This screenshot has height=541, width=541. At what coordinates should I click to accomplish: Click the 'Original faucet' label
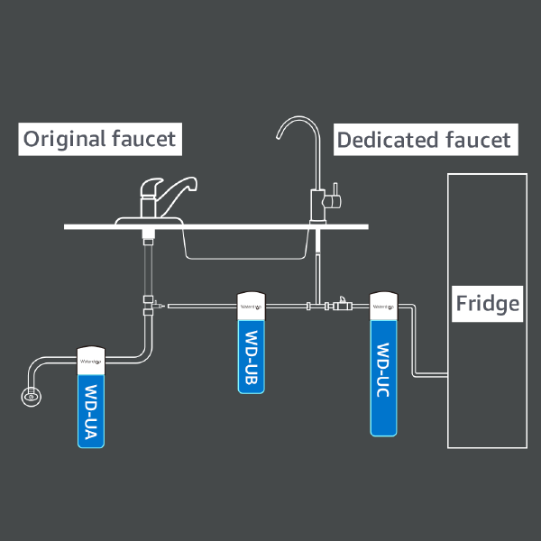[99, 139]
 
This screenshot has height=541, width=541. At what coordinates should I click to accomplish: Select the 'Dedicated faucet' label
[423, 140]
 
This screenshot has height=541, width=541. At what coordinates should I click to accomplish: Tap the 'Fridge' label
[487, 302]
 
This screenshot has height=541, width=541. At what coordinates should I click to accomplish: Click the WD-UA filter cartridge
[91, 410]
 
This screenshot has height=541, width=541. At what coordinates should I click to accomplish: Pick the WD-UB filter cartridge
[251, 356]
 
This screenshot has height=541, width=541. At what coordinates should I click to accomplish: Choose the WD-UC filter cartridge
[384, 379]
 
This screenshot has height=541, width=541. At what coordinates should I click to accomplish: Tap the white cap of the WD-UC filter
[384, 305]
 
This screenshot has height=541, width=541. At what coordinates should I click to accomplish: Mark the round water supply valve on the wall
[31, 394]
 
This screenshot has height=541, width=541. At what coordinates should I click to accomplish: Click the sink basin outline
[243, 243]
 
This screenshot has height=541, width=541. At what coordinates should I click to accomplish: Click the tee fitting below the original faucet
[147, 305]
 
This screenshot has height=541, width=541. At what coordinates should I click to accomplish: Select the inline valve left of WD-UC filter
[344, 307]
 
